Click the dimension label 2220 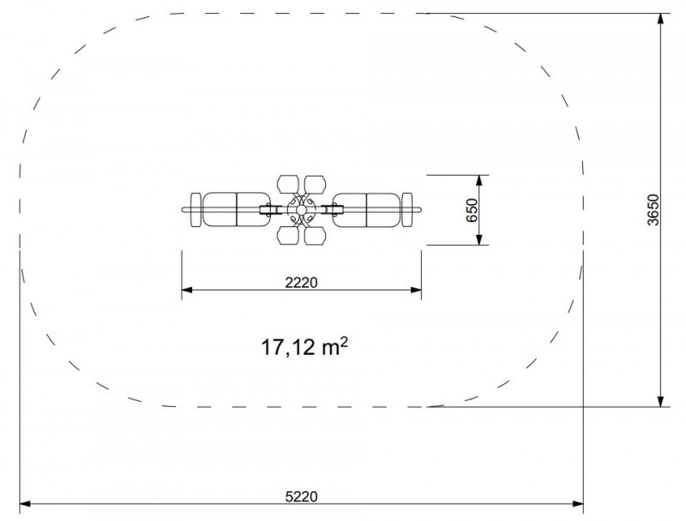[302, 283]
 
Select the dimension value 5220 [302, 496]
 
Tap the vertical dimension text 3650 [653, 210]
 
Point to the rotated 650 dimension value [472, 210]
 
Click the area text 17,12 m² [305, 346]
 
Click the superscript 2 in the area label [344, 342]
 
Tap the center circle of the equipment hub [301, 210]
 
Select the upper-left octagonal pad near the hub [287, 184]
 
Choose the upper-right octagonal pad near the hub [315, 184]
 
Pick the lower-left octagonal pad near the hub [287, 236]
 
